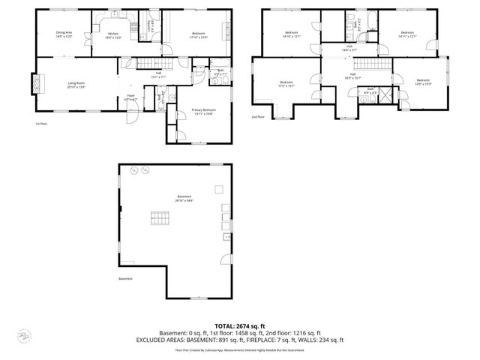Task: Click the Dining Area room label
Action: tap(64, 34)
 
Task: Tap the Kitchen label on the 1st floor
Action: tap(113, 35)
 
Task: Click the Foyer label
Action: tap(130, 97)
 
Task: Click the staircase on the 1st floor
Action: tap(148, 64)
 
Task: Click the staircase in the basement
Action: tap(159, 218)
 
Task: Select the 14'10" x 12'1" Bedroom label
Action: tap(292, 34)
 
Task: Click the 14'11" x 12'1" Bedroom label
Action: tap(406, 34)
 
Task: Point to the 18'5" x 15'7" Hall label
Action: tap(352, 76)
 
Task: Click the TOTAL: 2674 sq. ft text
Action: tap(239, 326)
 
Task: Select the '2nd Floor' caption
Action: tap(257, 117)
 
